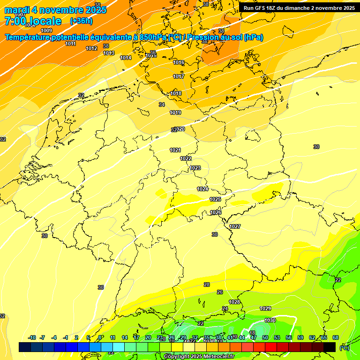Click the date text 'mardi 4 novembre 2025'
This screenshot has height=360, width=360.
(x=55, y=10)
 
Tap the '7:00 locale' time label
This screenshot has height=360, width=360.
(x=33, y=21)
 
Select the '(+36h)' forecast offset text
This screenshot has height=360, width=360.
(x=81, y=21)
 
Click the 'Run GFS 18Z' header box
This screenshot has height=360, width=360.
(x=299, y=8)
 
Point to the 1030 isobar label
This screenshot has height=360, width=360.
(x=270, y=320)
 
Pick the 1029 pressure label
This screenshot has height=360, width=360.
(x=265, y=308)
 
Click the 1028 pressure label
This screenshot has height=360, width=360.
(x=234, y=302)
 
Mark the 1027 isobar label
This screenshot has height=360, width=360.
(x=235, y=227)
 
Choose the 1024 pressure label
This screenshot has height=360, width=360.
(x=202, y=189)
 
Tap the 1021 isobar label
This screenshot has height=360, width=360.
(x=175, y=150)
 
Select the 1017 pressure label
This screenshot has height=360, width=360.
(x=179, y=76)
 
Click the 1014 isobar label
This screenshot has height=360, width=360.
(x=126, y=58)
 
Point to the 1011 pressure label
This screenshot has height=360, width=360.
(x=71, y=44)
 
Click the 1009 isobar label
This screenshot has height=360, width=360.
(x=47, y=30)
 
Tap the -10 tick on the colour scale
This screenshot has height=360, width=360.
(x=32, y=337)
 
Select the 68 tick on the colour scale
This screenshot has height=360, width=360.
(x=336, y=337)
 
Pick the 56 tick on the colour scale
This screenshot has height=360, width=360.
(x=289, y=337)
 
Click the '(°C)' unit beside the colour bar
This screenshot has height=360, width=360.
(x=345, y=347)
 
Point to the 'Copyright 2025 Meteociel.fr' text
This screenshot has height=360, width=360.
(x=199, y=357)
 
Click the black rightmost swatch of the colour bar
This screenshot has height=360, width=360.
(x=330, y=347)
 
